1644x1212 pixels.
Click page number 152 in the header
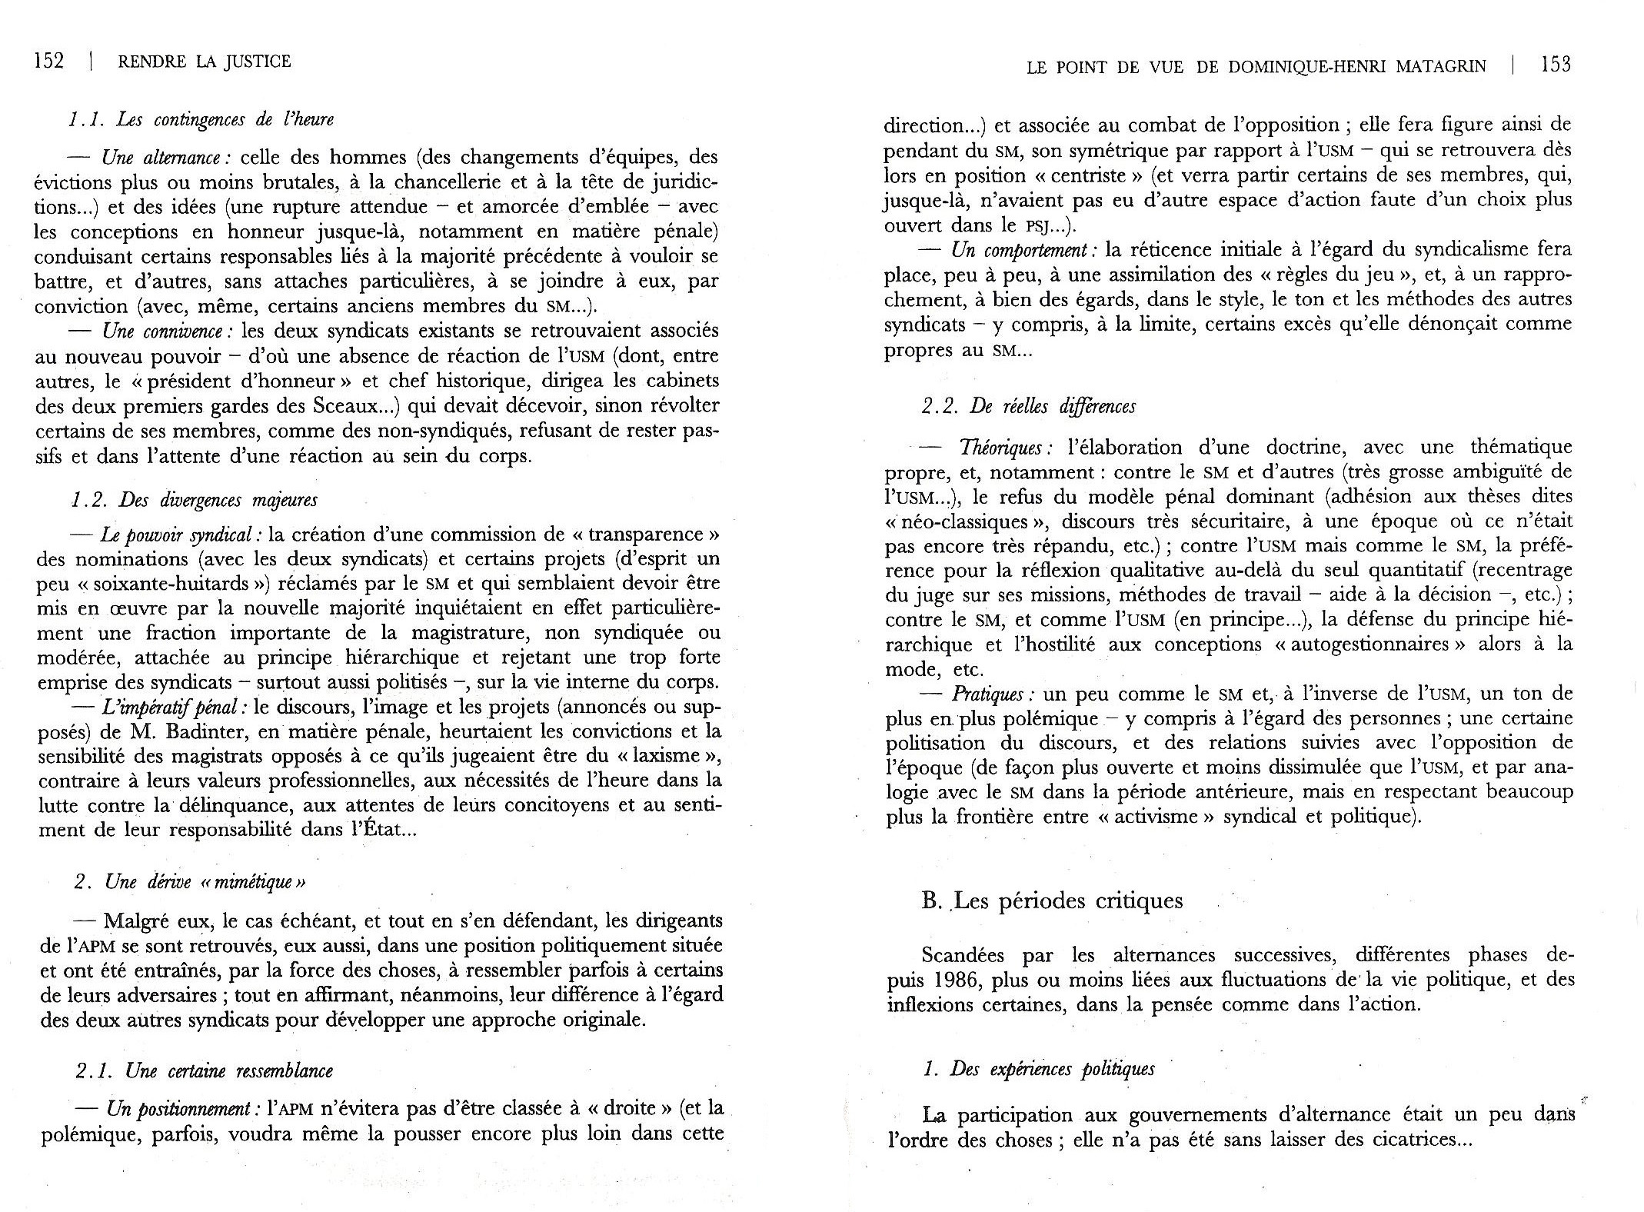49,62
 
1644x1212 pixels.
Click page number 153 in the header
1555,65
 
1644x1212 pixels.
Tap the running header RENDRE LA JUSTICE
205,62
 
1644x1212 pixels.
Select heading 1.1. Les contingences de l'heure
201,120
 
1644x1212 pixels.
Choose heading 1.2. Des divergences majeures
195,500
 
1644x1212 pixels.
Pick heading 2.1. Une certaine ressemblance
205,1071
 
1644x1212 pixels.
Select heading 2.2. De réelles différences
1029,406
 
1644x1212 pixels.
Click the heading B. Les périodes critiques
1052,901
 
